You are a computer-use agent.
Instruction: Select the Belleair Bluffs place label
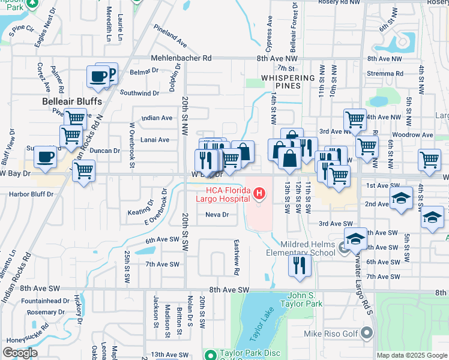point(71,101)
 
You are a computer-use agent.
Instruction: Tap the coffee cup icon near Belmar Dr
point(99,77)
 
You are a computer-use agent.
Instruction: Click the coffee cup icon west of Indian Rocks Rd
point(45,157)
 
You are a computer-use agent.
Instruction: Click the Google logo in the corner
point(20,353)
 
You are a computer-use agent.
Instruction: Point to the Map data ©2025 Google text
point(411,355)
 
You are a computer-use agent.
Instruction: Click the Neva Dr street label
point(217,215)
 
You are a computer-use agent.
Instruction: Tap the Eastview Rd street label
point(237,263)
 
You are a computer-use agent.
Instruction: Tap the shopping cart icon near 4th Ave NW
point(355,119)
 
